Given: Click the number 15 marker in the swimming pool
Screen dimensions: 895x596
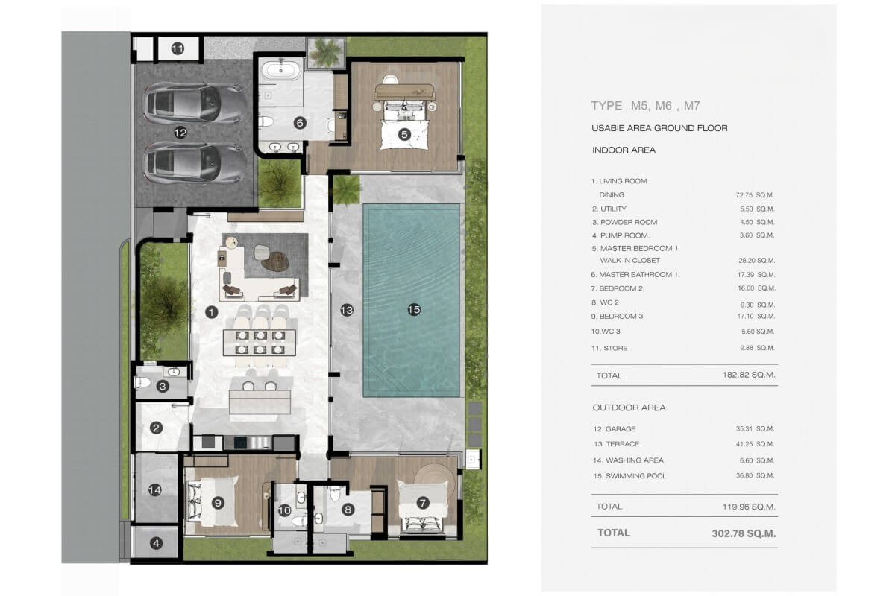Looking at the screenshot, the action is coord(414,309).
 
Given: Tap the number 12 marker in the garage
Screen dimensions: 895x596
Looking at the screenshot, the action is coord(180,132).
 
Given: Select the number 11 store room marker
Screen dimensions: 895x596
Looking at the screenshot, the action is coord(178,48).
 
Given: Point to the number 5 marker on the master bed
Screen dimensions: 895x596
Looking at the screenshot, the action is coord(404,135).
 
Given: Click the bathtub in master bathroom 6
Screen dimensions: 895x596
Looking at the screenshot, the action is coord(281,69).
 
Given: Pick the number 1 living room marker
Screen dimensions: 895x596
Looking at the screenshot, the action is coord(211,312).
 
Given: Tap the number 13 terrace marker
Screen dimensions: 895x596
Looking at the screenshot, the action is coord(347,310).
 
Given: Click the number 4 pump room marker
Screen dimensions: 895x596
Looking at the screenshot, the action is coord(156,543).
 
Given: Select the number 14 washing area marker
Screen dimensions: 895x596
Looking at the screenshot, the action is coord(155,489).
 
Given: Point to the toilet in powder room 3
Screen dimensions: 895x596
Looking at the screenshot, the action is coord(142,383).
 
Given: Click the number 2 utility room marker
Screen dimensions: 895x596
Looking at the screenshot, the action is coord(156,428).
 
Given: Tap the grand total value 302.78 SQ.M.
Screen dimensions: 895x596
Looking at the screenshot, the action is coord(744,533).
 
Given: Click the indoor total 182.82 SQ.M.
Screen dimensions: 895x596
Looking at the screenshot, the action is coord(749,375).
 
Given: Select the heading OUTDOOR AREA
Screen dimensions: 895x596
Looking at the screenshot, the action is coord(629,408).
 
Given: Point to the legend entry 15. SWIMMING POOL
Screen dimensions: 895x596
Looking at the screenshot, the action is coord(629,476).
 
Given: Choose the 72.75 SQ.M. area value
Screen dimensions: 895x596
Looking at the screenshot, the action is coord(755,195).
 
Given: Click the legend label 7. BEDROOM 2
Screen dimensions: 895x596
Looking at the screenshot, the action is coord(617,288).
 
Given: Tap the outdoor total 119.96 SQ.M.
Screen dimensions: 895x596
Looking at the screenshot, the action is coord(749,507).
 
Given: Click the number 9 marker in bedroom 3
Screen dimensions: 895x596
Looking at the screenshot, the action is coord(218,503).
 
